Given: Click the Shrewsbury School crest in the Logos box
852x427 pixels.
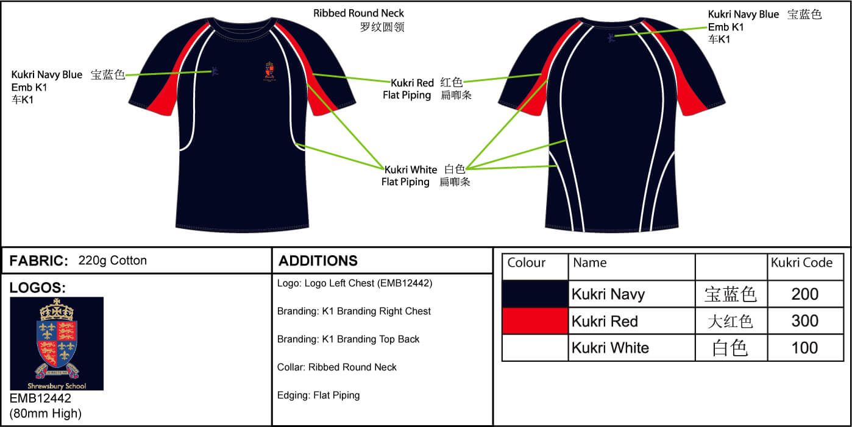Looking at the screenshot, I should click(x=57, y=343).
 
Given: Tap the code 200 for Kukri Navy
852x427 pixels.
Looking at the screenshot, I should click(x=804, y=294).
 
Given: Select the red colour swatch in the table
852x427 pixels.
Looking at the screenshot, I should click(x=534, y=321).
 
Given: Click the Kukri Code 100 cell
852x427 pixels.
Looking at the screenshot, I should click(x=804, y=348).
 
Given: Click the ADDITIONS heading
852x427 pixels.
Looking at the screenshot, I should click(x=318, y=261).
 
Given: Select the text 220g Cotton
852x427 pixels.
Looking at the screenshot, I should click(x=113, y=261).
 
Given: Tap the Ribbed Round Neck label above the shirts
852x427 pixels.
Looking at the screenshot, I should click(x=358, y=13).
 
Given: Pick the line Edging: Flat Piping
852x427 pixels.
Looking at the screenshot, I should click(x=318, y=395).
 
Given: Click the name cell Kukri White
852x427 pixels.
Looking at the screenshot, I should click(x=610, y=348).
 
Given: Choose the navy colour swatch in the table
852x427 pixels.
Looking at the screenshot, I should click(x=534, y=294).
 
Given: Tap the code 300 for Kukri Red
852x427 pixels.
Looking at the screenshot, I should click(x=804, y=321).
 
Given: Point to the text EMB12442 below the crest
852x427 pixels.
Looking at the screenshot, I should click(x=40, y=399).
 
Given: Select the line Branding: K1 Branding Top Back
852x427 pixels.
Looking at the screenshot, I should click(x=348, y=339).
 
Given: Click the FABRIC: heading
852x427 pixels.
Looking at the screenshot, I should click(x=39, y=261).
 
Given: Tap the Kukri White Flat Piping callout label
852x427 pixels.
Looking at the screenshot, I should click(x=410, y=175).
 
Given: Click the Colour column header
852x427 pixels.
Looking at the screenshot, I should click(x=526, y=263).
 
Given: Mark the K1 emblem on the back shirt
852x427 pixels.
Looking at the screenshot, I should click(x=611, y=38).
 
